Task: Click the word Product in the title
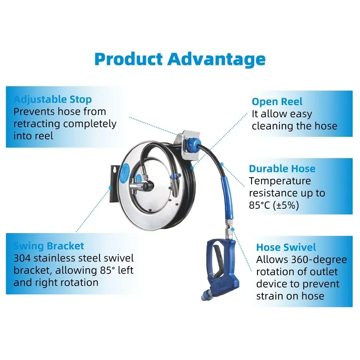tap(129, 60)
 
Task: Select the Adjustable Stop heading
tap(53, 99)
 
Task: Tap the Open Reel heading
tap(277, 102)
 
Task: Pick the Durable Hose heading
tap(282, 168)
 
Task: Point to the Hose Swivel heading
tap(286, 247)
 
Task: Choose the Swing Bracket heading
tap(49, 246)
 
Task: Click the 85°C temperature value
tap(260, 205)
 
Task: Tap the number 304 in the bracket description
tap(22, 258)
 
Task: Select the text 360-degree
tap(319, 260)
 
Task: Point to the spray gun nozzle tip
tap(204, 297)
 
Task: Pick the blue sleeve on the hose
tap(227, 198)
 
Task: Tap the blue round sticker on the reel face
tap(125, 173)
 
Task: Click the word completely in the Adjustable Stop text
tap(90, 124)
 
